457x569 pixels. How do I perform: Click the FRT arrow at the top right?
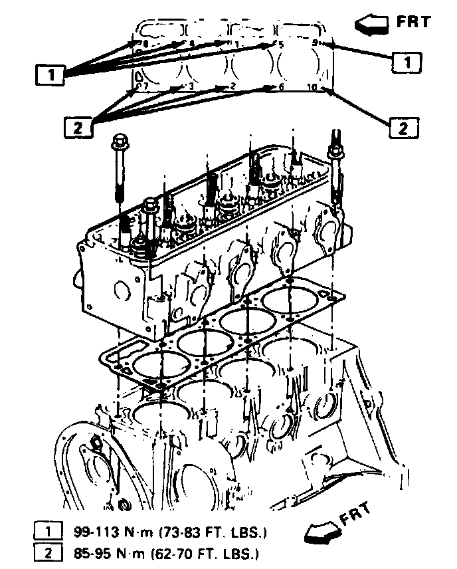tap(373, 25)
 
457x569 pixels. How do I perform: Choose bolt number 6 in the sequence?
tap(281, 87)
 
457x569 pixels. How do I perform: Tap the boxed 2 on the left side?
tap(77, 126)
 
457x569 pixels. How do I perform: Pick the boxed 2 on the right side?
tap(403, 126)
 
